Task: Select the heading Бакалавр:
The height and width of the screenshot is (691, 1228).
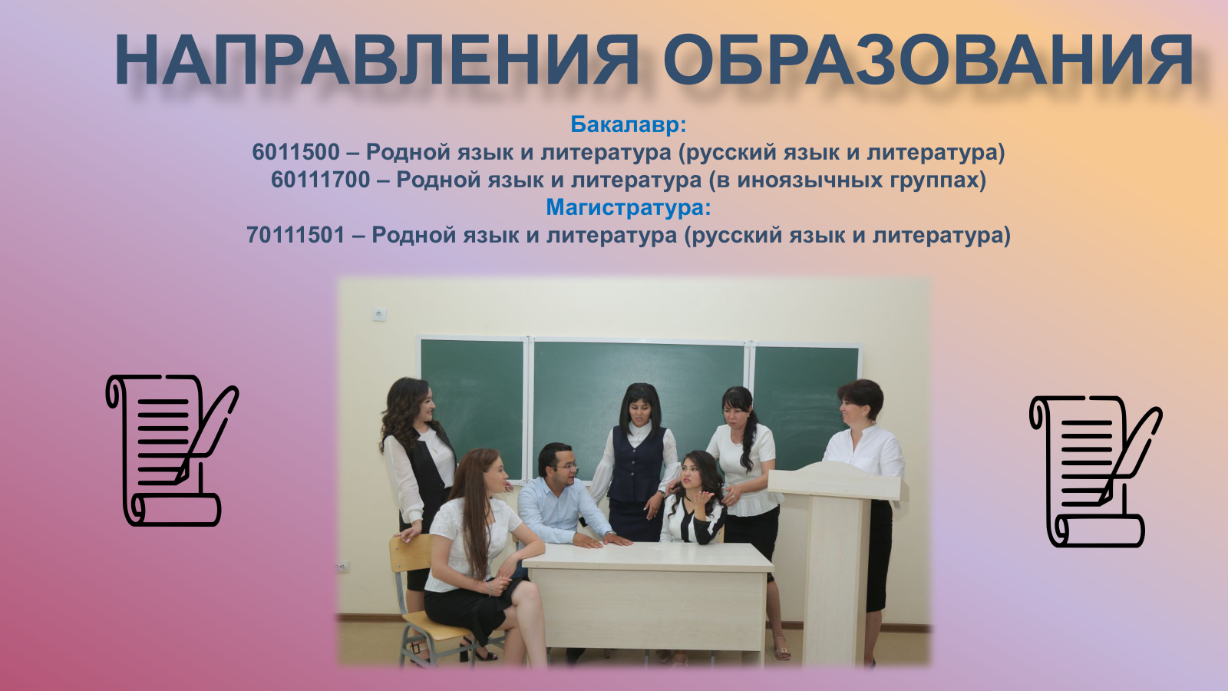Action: coord(629,124)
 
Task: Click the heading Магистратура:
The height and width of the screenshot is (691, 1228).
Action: coord(629,207)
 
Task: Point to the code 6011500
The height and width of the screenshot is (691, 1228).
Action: coord(296,152)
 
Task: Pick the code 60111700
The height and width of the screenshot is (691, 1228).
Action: coord(321,180)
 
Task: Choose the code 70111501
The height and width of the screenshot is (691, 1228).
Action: coord(296,235)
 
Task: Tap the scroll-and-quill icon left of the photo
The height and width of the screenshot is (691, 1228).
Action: coord(172,450)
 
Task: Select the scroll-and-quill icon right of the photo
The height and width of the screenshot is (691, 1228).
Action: coord(1095,471)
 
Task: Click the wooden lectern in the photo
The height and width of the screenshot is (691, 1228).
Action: coord(835,560)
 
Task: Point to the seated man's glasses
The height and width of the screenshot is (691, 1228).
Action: coord(565,468)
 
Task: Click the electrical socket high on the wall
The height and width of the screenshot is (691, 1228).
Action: coord(379,314)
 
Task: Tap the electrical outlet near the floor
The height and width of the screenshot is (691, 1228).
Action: coord(342,567)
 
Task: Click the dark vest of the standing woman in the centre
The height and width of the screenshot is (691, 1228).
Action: coord(636,465)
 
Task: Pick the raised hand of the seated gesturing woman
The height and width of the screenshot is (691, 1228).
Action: coord(703,499)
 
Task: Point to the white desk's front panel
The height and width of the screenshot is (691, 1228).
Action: coord(648,609)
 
